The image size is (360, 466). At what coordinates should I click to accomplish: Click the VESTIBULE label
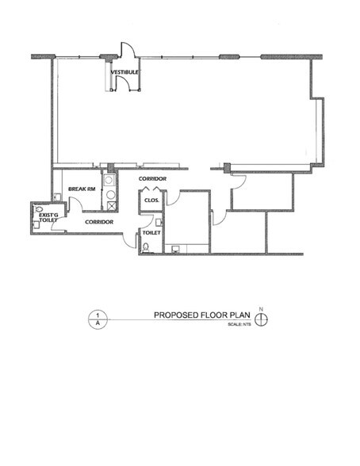point(124,72)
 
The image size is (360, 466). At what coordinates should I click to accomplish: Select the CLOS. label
point(151,201)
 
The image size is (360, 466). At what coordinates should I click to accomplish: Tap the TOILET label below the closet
point(151,233)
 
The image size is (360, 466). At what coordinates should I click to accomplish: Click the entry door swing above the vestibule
point(128,49)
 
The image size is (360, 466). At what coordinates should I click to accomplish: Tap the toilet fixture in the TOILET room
point(145,246)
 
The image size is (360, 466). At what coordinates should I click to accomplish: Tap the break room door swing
point(78,204)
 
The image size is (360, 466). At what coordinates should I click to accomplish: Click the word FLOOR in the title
point(212,315)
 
